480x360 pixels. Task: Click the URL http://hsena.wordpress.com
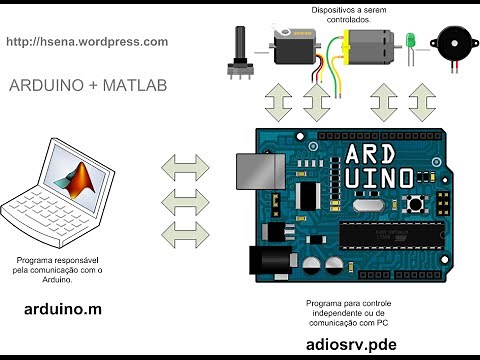87,42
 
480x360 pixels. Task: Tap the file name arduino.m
63,310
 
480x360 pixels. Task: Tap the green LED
411,42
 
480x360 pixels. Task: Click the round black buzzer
448,43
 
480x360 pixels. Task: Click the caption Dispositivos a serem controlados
340,14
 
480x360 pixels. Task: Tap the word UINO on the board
379,181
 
